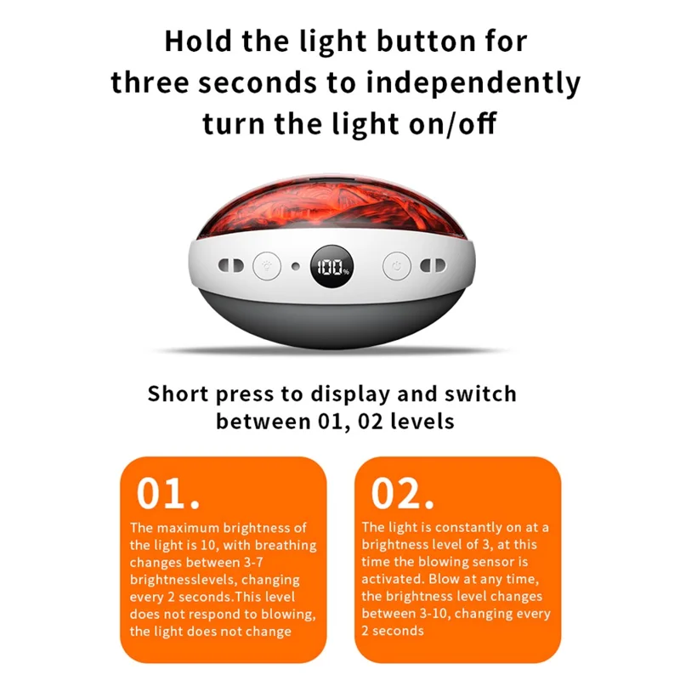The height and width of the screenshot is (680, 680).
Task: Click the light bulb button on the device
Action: pos(267,265)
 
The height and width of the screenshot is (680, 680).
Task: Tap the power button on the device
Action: pos(397,265)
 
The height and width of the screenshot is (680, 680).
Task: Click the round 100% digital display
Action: pos(331,266)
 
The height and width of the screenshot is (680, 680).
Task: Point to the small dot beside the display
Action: pos(295,266)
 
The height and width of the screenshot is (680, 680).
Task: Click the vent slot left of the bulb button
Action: pos(230,265)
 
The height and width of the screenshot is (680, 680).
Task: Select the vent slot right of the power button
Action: pos(433,265)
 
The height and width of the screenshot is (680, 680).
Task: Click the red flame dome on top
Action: pos(331,208)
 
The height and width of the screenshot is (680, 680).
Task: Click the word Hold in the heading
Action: pos(198,42)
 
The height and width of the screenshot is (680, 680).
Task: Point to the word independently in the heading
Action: pos(473,84)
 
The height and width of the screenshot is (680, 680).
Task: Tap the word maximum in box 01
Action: pos(188,528)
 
